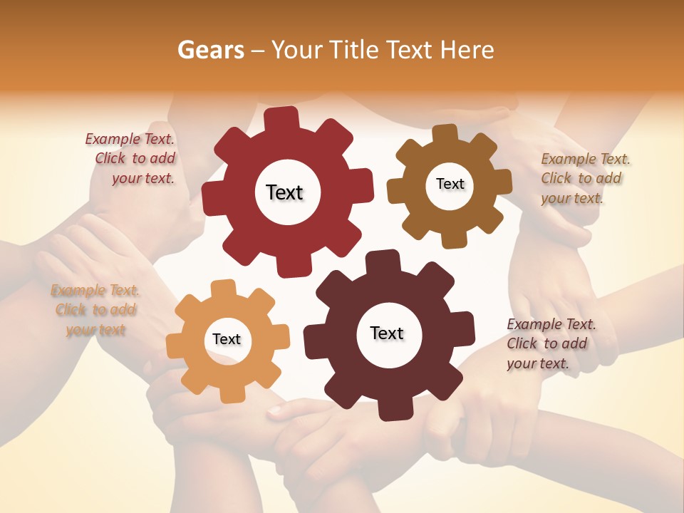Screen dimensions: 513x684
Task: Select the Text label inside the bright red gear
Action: point(284,192)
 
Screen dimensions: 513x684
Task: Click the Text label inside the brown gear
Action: point(450,184)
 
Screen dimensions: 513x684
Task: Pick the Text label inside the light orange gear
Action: point(227,339)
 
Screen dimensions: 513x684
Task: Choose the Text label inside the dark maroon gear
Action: point(387,333)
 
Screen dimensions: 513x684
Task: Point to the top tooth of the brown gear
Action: point(445,133)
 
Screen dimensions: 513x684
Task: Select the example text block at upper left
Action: point(132,159)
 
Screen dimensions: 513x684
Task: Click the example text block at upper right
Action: point(584,178)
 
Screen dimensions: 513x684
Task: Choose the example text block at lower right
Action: point(550,343)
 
